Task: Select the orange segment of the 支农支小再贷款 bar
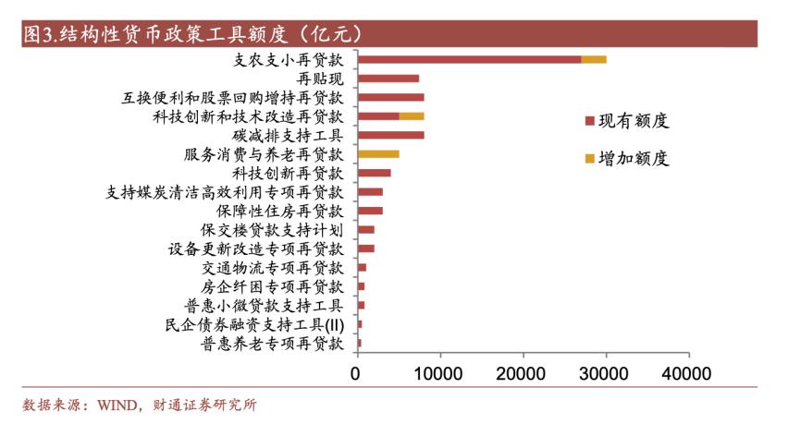593,59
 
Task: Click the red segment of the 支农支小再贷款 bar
469,59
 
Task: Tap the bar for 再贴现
388,79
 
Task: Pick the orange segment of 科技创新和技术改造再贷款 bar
412,116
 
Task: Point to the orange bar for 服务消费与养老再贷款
378,154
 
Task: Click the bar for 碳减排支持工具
390,135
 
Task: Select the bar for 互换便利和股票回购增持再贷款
390,97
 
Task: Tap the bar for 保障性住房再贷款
370,211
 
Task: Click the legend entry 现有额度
625,121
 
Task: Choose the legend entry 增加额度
625,158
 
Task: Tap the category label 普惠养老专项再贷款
272,344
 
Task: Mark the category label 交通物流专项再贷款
272,268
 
